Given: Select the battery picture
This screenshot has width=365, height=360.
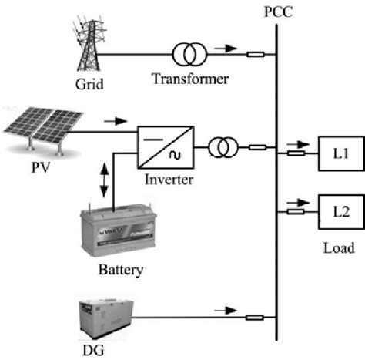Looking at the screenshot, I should (114, 234).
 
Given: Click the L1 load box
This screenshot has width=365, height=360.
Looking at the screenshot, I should (337, 153).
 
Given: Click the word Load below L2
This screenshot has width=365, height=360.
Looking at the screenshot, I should (339, 247).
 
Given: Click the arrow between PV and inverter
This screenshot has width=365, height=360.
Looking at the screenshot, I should (113, 121).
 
